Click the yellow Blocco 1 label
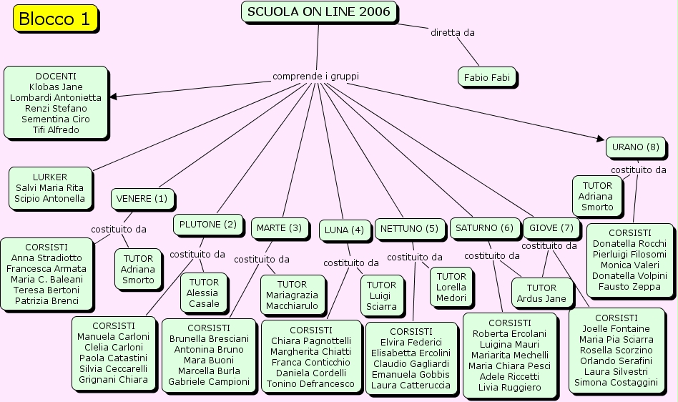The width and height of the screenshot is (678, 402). click(x=54, y=19)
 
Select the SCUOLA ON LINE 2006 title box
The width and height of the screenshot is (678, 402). click(x=319, y=12)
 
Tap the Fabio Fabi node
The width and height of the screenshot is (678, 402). click(x=486, y=77)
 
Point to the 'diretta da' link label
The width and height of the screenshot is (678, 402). click(x=452, y=32)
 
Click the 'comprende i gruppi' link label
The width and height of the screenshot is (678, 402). click(x=315, y=76)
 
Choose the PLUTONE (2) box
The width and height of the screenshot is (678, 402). click(x=207, y=225)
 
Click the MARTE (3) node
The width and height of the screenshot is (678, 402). click(x=279, y=228)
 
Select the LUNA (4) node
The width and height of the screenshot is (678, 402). click(x=344, y=230)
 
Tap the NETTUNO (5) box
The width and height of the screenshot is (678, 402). click(x=409, y=229)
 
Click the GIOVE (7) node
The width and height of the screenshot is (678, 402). click(x=551, y=228)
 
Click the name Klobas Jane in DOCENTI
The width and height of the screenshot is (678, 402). click(x=56, y=87)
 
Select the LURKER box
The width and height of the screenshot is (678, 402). click(x=50, y=187)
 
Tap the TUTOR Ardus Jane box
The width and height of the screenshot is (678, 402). click(x=541, y=293)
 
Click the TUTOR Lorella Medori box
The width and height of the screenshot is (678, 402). click(x=451, y=287)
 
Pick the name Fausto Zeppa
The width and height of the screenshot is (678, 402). click(x=629, y=287)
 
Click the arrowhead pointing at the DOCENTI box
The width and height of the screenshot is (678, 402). click(x=113, y=97)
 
